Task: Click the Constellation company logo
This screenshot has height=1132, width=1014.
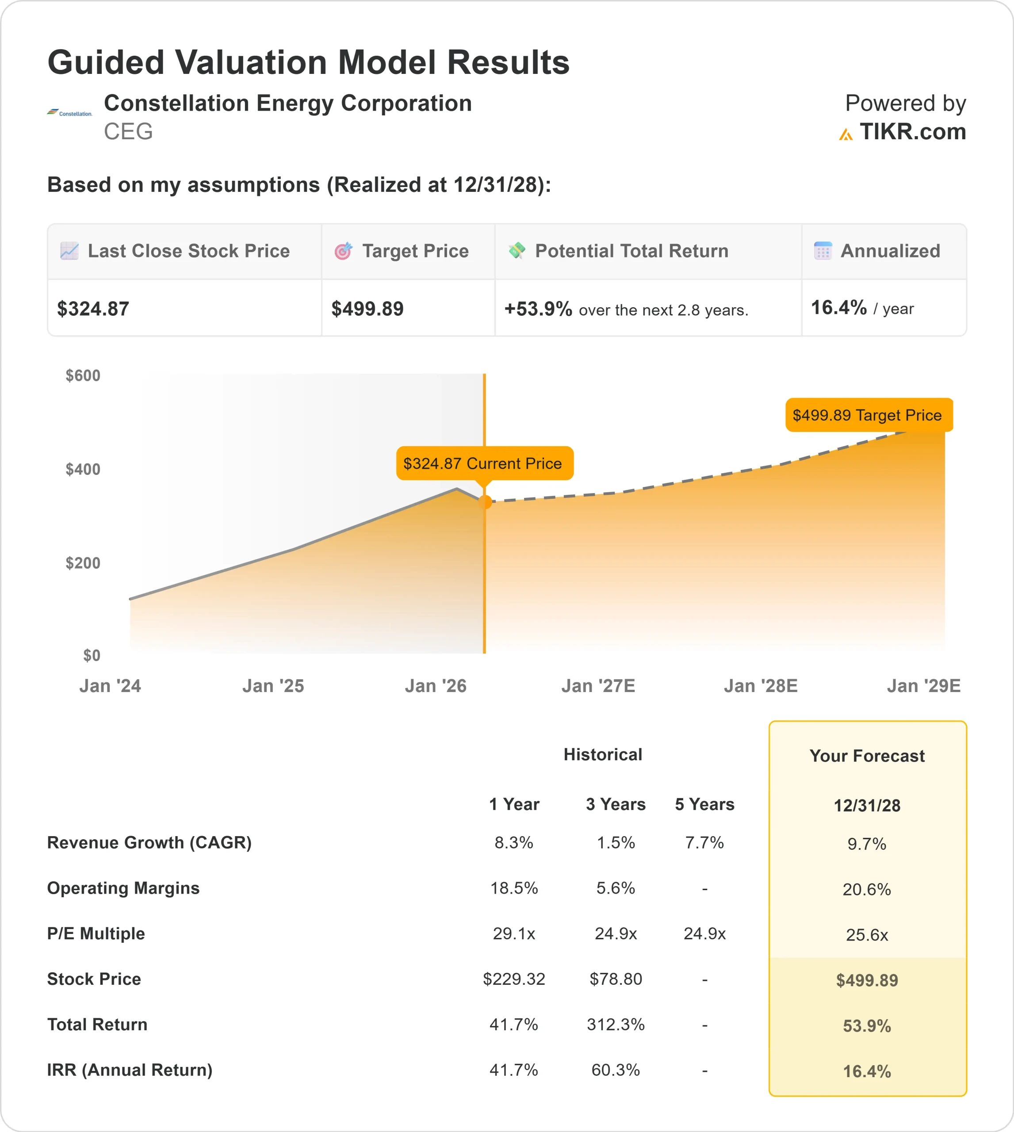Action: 69,113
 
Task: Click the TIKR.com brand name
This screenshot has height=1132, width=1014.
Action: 912,132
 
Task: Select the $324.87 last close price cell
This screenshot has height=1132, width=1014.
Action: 93,309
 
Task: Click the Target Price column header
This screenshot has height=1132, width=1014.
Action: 415,251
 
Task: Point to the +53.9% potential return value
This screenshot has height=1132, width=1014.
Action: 538,309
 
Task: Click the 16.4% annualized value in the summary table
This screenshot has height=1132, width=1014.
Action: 838,307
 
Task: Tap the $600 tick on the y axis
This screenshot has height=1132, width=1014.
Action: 83,375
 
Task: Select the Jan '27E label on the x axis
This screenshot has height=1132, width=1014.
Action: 598,686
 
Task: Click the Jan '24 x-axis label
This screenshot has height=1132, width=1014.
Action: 110,686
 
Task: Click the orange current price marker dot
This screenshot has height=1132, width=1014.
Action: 485,502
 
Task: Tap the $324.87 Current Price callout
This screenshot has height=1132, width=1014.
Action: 482,463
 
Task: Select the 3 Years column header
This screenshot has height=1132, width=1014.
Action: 616,804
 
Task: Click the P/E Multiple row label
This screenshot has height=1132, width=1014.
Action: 96,933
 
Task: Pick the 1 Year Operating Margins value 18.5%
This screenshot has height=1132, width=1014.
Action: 514,888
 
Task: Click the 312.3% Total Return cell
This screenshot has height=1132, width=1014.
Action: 616,1025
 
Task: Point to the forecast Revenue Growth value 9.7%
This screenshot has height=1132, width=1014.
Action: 866,844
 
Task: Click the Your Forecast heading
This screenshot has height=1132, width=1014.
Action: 867,756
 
